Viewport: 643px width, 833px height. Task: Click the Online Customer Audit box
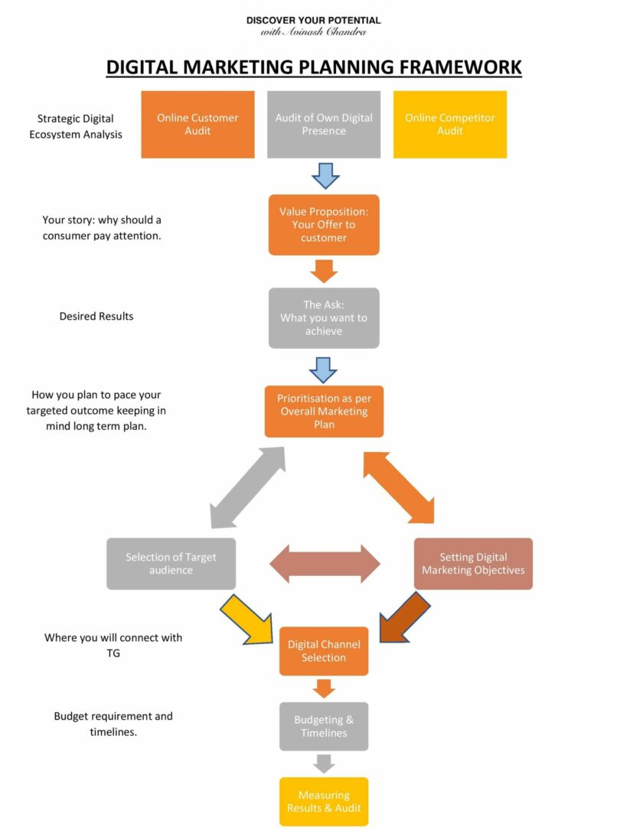[x=197, y=125]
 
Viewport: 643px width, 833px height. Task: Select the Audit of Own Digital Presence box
[x=323, y=125]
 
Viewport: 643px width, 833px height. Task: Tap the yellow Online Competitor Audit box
[x=449, y=125]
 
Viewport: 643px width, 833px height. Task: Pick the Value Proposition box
[x=323, y=225]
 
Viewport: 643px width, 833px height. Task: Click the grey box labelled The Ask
[x=323, y=318]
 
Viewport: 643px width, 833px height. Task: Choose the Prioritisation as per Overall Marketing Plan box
[x=323, y=412]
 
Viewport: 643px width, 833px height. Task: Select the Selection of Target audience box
[x=171, y=564]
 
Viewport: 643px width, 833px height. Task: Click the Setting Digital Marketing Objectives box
[x=472, y=564]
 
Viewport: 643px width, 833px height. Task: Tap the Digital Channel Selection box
[x=323, y=651]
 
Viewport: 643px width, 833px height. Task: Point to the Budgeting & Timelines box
[x=323, y=726]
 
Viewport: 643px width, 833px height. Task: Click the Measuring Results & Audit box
[x=323, y=802]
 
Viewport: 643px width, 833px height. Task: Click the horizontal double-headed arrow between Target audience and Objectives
[x=325, y=564]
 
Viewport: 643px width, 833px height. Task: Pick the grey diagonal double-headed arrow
[x=247, y=487]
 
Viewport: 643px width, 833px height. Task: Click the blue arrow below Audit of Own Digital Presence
[x=325, y=175]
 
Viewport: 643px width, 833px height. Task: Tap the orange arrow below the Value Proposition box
[x=325, y=271]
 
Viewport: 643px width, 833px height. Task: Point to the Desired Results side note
[x=96, y=317]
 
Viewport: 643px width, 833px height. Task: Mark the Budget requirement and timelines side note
[x=113, y=724]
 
